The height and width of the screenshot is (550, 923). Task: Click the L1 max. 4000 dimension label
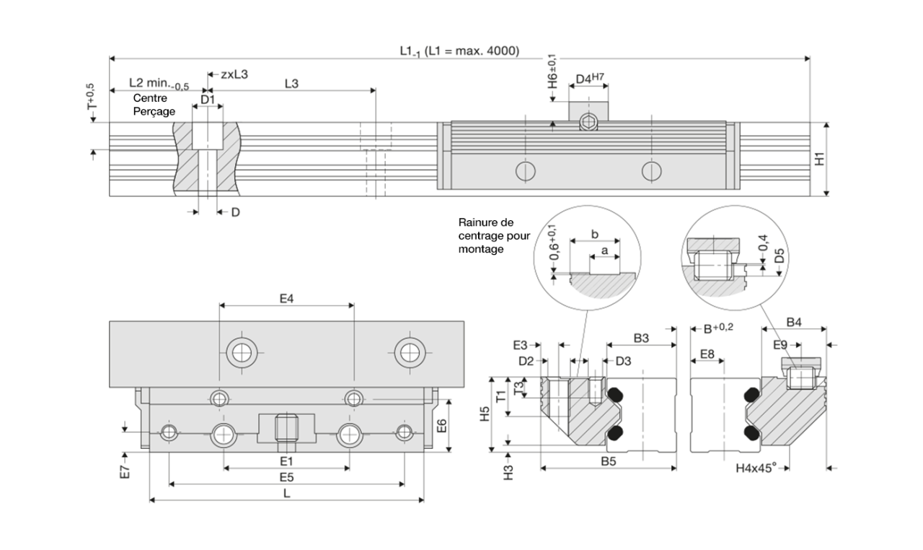pyautogui.click(x=459, y=51)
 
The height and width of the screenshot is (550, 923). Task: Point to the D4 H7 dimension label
pyautogui.click(x=589, y=78)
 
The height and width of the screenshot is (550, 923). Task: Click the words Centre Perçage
pyautogui.click(x=154, y=105)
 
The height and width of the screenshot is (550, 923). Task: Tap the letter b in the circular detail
pyautogui.click(x=593, y=235)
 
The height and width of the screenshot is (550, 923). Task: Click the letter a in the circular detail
pyautogui.click(x=604, y=249)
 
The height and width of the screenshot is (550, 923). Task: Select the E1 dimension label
pyautogui.click(x=286, y=460)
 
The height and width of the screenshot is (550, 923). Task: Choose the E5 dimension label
pyautogui.click(x=286, y=477)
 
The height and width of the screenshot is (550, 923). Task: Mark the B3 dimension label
pyautogui.click(x=641, y=337)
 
